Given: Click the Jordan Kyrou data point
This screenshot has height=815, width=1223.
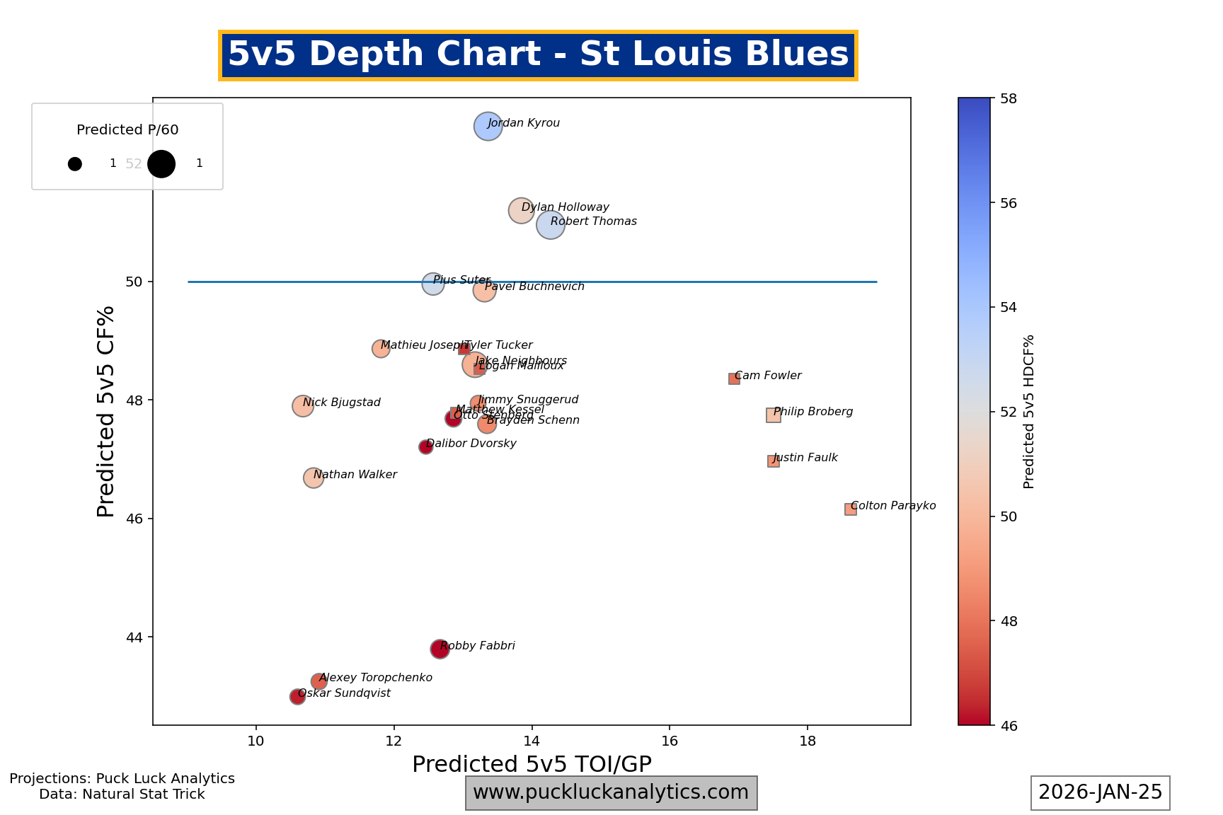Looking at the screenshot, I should tap(488, 127).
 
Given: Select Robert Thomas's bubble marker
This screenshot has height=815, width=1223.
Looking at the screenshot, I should tap(551, 225).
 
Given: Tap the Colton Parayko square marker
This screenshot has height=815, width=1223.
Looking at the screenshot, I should tap(850, 509).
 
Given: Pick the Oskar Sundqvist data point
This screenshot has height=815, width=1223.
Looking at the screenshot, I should tap(297, 697).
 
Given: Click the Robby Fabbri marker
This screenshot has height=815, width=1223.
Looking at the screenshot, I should tap(440, 649).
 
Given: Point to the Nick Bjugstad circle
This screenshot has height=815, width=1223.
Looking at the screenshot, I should tap(303, 405).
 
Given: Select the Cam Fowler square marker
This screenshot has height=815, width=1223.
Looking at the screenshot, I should tap(734, 378).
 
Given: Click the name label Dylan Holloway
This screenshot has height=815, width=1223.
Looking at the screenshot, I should tap(565, 207).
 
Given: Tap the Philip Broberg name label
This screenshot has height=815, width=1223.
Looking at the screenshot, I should tap(813, 412).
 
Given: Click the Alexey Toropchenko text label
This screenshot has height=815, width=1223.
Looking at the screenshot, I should tap(375, 678).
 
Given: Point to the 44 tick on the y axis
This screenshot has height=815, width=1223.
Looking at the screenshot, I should tap(134, 637).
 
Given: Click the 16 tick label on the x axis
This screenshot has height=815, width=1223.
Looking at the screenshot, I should tap(669, 741).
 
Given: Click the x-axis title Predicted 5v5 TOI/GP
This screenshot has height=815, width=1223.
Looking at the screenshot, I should tap(532, 764).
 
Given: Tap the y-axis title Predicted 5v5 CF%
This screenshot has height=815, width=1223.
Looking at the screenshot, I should tap(106, 411).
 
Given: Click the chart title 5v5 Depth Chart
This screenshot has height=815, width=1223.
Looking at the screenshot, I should tap(538, 54).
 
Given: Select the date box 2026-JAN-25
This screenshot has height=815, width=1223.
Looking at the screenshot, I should tap(1100, 792).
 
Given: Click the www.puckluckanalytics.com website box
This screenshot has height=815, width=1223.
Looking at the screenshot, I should tap(611, 792).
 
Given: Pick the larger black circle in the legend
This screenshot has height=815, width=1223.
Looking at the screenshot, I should tap(161, 163).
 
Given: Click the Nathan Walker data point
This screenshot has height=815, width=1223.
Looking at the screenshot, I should tap(313, 478).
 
